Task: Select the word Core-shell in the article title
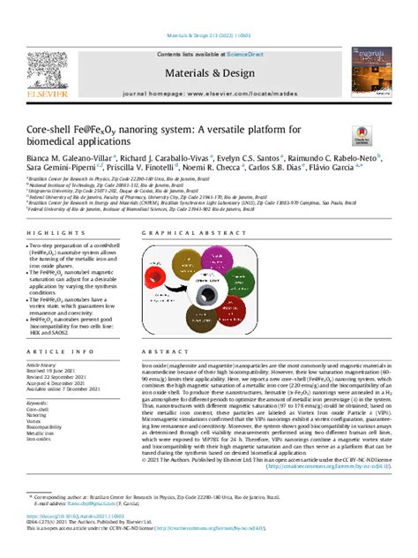(43, 129)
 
